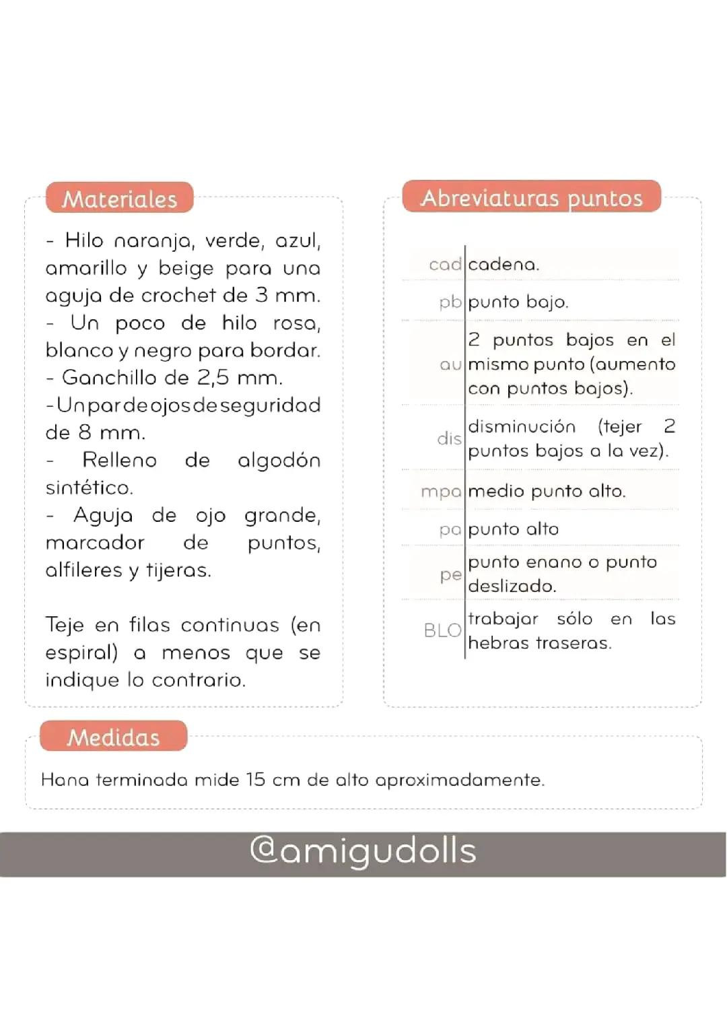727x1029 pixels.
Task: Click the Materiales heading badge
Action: [x=120, y=199]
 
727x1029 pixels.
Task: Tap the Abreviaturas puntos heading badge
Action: [x=532, y=197]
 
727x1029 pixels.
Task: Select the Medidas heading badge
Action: [x=113, y=737]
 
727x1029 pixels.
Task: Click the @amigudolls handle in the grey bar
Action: [x=363, y=851]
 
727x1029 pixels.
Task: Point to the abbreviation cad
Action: [x=445, y=265]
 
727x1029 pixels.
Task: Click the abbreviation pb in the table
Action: [x=450, y=302]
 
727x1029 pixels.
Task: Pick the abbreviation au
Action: [x=450, y=364]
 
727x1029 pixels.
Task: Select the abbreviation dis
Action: [x=449, y=438]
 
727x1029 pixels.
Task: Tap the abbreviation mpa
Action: [x=441, y=492]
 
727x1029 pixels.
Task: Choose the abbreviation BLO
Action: [x=442, y=630]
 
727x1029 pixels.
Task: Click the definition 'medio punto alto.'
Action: [x=547, y=491]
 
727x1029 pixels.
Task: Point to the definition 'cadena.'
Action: [x=504, y=265]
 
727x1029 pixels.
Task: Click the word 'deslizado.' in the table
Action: [x=512, y=586]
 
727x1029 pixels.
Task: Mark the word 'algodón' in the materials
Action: [x=279, y=461]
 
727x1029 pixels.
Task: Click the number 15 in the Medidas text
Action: [x=255, y=780]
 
